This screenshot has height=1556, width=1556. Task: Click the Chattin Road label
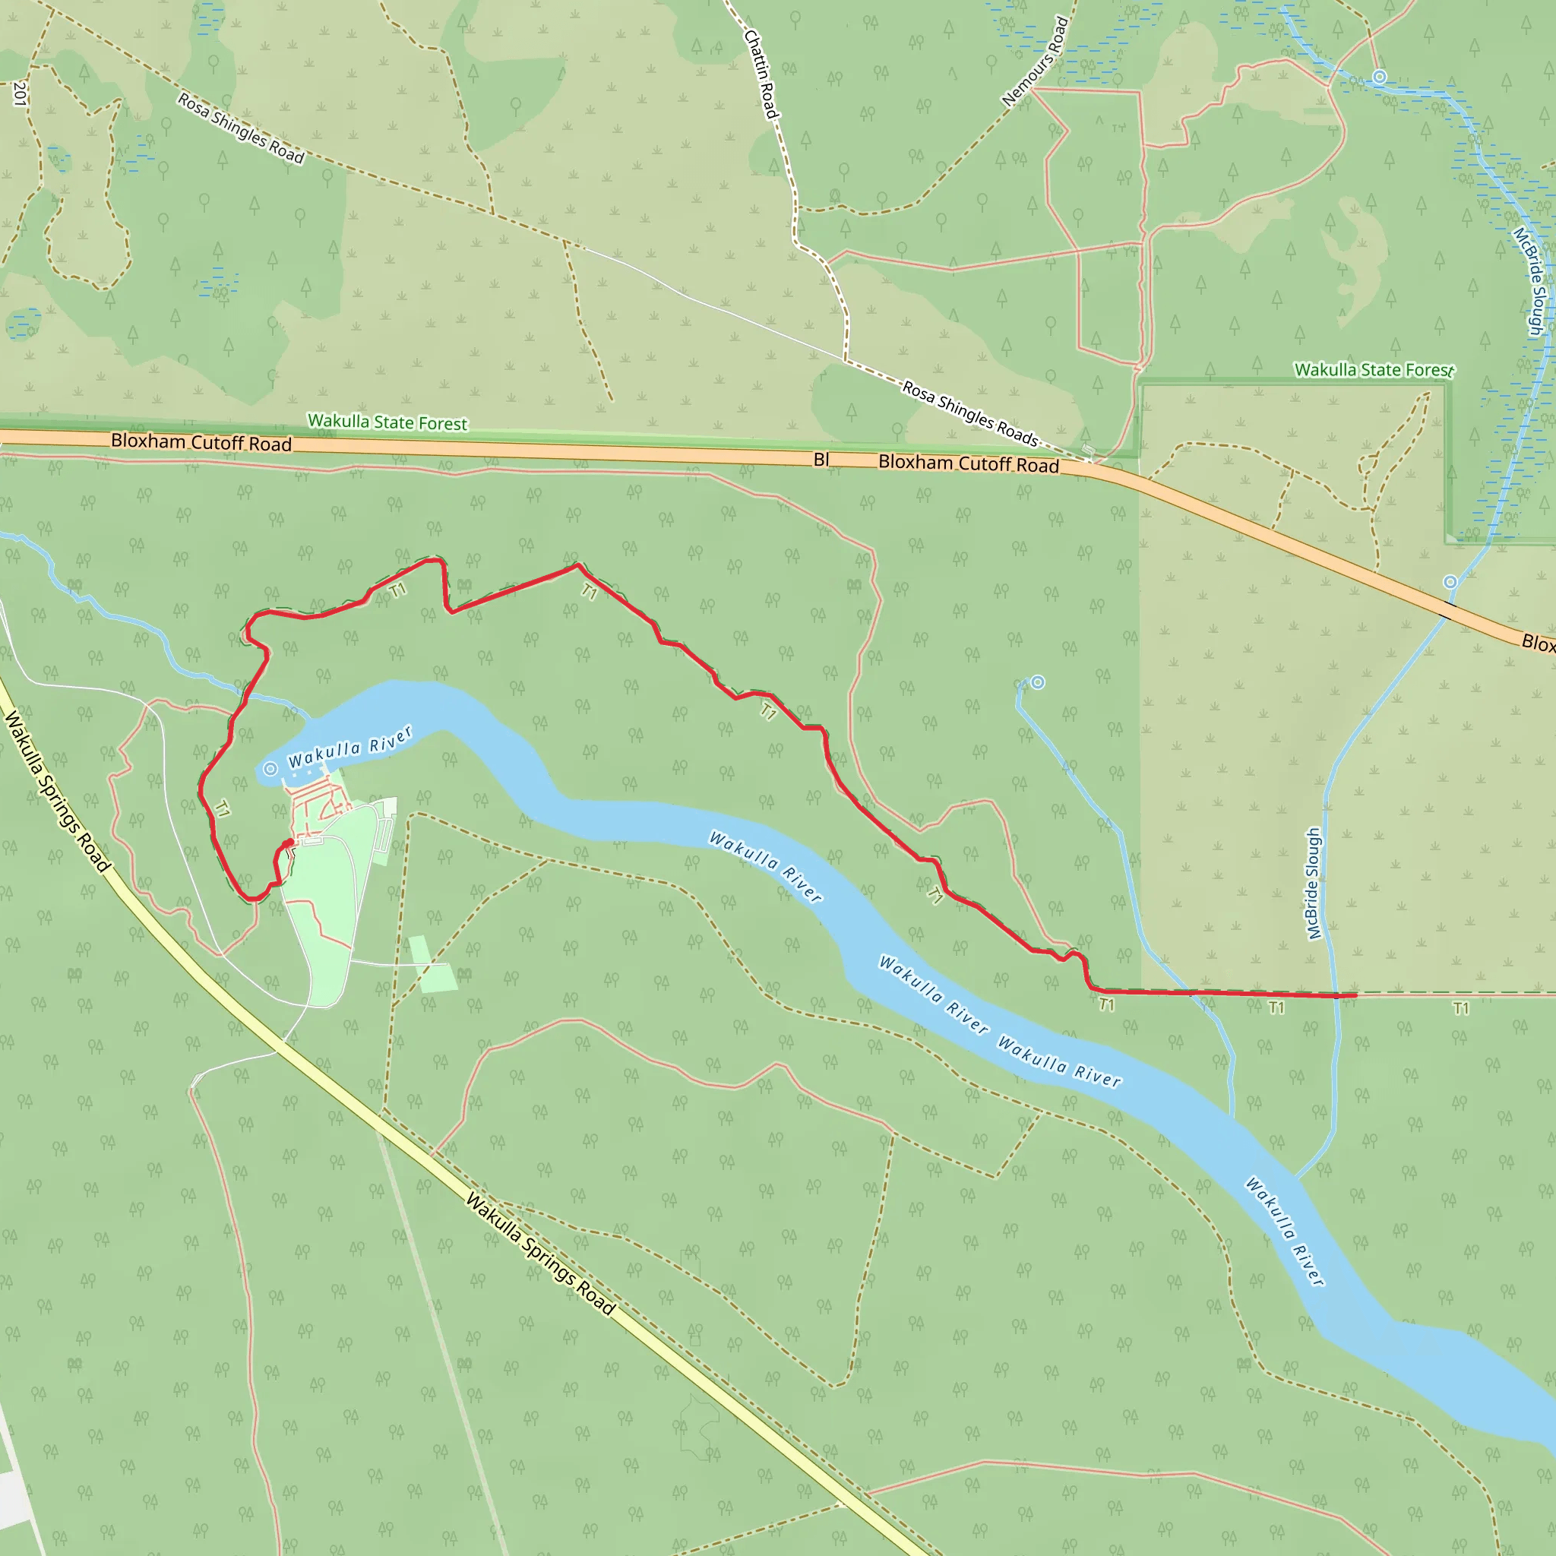[x=761, y=74]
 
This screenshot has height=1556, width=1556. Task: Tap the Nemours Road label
[x=1036, y=63]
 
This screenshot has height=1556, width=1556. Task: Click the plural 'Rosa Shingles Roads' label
[x=969, y=413]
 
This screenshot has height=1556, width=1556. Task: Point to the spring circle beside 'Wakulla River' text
[x=270, y=769]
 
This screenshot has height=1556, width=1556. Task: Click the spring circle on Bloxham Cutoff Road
[x=1450, y=581]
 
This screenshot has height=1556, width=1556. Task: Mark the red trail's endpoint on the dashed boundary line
[x=1355, y=995]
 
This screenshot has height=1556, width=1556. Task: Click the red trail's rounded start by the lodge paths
[x=287, y=844]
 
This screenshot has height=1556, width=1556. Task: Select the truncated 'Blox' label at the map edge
[x=1538, y=643]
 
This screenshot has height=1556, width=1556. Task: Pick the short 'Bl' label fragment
[x=821, y=460]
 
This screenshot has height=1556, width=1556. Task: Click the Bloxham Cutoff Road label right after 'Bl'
[x=968, y=463]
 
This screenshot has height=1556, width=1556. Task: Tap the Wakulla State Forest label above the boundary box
[x=1374, y=371]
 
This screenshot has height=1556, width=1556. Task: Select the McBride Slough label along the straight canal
[x=1314, y=884]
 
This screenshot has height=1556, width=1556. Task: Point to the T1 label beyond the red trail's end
[x=1461, y=1008]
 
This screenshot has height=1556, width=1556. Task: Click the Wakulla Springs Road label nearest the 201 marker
[x=56, y=790]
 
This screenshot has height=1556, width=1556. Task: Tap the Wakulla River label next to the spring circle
[x=350, y=748]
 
